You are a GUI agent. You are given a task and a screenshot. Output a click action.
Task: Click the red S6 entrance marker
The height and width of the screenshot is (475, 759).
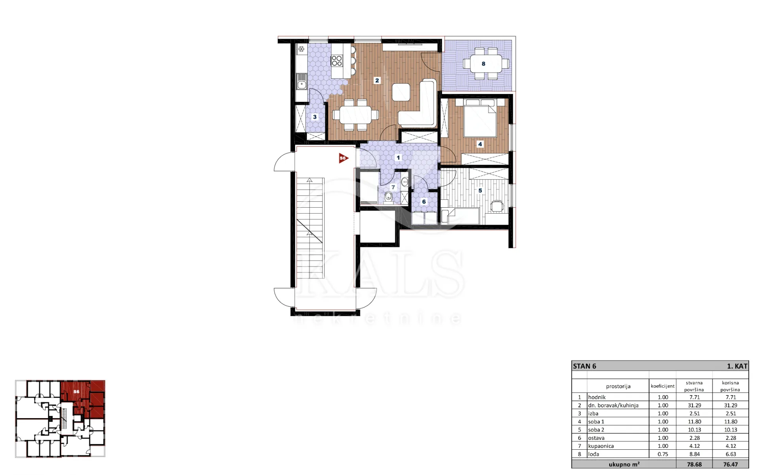(x=343, y=158)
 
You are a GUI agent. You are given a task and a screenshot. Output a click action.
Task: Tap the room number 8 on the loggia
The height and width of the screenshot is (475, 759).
(x=483, y=64)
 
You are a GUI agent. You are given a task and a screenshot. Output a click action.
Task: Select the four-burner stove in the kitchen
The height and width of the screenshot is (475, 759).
(x=337, y=61)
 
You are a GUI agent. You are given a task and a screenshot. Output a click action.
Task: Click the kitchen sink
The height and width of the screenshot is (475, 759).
(x=302, y=84)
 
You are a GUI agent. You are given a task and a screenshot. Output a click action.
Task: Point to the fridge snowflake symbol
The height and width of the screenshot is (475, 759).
(x=301, y=49)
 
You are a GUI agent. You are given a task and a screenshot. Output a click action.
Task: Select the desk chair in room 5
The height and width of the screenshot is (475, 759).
(x=497, y=206)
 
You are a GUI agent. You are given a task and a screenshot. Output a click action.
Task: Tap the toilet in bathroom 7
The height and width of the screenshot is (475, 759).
(x=389, y=196)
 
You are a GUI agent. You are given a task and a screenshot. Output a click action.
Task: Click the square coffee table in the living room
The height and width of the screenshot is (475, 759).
(x=401, y=92)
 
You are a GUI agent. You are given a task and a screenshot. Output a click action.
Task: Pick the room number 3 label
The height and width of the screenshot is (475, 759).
(x=315, y=117)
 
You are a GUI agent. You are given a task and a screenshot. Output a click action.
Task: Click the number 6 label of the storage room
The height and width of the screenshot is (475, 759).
(x=424, y=202)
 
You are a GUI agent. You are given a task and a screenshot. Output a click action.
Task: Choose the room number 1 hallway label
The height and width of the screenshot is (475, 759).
(x=398, y=158)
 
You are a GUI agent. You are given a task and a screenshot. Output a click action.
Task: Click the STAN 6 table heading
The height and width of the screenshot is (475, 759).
(x=585, y=366)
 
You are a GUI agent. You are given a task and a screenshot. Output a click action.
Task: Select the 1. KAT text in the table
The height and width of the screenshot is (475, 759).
(x=737, y=366)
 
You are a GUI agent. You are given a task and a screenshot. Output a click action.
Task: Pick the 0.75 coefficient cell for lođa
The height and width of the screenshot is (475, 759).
(x=663, y=454)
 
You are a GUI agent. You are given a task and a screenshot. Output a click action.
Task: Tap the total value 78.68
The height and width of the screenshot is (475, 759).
(x=695, y=464)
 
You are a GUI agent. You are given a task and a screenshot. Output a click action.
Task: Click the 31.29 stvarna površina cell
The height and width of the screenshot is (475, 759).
(x=695, y=406)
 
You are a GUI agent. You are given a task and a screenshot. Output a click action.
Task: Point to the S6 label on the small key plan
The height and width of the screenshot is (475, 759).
(x=76, y=392)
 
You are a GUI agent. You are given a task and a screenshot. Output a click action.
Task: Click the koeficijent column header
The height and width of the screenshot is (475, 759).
(x=663, y=386)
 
